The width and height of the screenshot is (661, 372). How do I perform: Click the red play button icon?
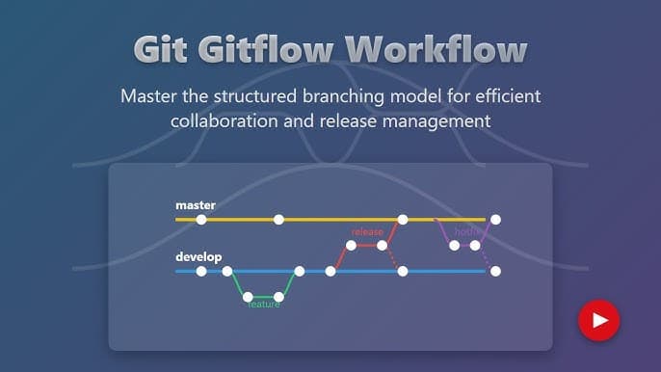(x=598, y=320)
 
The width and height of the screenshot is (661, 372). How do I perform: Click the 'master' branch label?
(x=195, y=205)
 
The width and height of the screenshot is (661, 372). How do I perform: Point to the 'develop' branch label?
(x=198, y=257)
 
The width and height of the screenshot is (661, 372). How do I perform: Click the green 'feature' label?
(x=263, y=305)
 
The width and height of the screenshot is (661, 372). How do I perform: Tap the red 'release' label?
(x=367, y=231)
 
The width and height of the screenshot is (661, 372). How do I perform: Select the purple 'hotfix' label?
(x=467, y=231)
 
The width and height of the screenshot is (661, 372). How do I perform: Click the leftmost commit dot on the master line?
(x=201, y=220)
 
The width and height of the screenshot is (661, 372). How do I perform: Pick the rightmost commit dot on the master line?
(x=495, y=220)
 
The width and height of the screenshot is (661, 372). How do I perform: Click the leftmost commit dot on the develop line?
(x=201, y=272)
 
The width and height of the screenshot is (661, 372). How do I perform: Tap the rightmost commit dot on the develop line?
(x=495, y=272)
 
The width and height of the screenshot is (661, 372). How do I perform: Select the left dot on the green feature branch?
(x=248, y=297)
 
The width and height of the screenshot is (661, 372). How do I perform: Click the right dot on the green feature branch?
(x=278, y=297)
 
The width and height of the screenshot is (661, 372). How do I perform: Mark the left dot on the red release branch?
(x=352, y=246)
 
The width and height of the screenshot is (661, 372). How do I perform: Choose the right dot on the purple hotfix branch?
(x=475, y=246)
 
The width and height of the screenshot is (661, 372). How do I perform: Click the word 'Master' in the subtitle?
(x=148, y=96)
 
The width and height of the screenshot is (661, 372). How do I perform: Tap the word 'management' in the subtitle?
(x=440, y=121)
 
